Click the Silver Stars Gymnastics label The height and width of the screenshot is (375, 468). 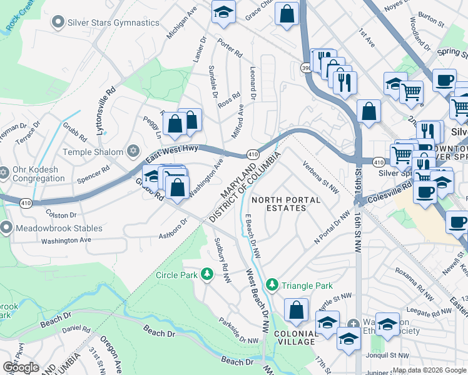pos(113,22)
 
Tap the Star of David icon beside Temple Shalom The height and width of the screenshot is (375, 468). pos(132,151)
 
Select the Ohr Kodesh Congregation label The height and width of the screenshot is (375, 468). pos(36,174)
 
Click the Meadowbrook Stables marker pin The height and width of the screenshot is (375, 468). pos(6,228)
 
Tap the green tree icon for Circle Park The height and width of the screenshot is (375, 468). pos(207,275)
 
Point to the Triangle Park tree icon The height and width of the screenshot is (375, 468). pos(272,285)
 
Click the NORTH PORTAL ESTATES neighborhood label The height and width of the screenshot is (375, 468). pos(285,204)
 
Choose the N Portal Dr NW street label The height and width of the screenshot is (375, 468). pos(333,228)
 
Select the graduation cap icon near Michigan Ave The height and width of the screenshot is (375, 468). pos(223,12)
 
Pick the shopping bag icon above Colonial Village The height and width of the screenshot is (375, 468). pos(296,309)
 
